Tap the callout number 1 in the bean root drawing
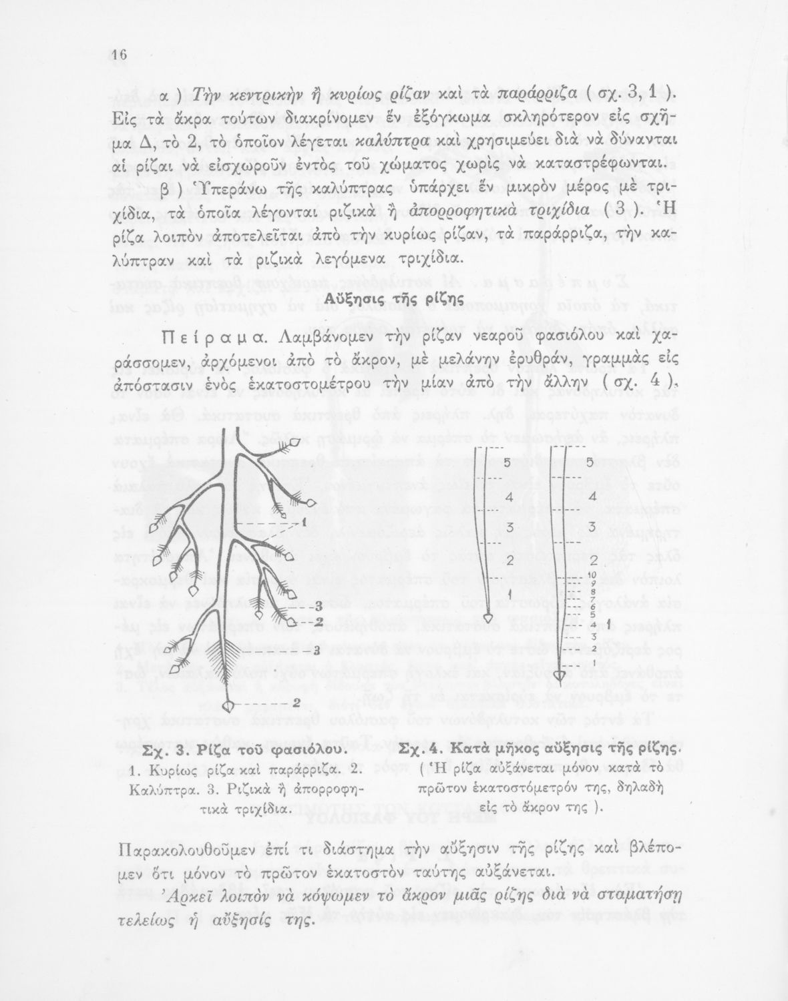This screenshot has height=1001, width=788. [x=303, y=522]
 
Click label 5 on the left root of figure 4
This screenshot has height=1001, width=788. [x=507, y=462]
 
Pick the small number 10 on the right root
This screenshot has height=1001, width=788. [x=592, y=574]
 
